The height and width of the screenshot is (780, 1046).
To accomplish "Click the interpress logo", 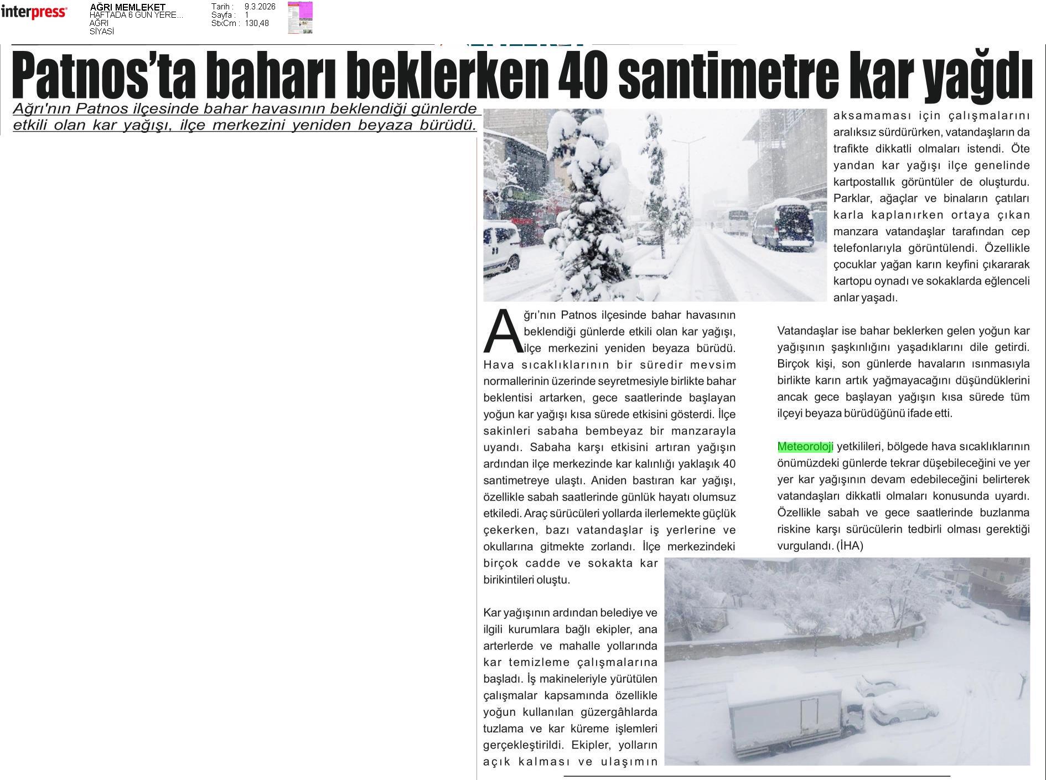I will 34,12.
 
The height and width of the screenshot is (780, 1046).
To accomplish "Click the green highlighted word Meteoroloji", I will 805,447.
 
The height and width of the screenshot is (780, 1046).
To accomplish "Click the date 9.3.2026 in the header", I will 260,7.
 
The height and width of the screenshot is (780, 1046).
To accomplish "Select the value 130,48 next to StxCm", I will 257,23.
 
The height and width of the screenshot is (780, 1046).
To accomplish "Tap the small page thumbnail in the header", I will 300,18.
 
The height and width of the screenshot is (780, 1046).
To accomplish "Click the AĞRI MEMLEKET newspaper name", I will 127,7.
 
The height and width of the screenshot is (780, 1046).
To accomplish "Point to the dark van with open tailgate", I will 784,225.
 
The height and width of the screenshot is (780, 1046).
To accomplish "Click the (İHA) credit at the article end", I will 850,546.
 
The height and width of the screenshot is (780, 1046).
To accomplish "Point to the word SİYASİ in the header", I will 102,32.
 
